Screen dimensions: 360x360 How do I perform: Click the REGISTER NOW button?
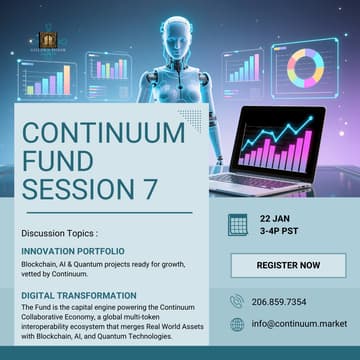(x=288, y=265)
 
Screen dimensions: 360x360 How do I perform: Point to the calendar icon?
(x=237, y=224)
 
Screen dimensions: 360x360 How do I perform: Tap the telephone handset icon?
(x=237, y=301)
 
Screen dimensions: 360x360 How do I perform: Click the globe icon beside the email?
(x=237, y=324)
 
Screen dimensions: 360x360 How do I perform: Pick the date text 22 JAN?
(x=275, y=217)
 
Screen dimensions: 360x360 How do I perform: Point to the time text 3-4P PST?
(x=281, y=232)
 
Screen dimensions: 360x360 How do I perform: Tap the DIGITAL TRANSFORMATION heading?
(x=78, y=295)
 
